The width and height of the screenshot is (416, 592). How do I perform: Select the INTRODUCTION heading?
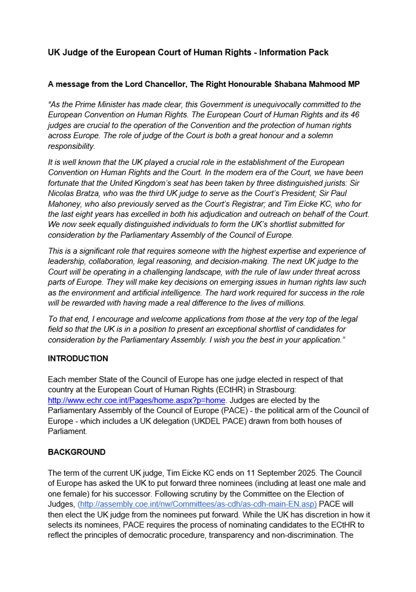[x=78, y=359]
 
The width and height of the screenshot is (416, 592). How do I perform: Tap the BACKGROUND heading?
[x=76, y=452]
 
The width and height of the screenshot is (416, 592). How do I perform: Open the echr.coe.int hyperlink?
[x=136, y=400]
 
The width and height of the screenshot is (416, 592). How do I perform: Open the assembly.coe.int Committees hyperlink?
[x=197, y=504]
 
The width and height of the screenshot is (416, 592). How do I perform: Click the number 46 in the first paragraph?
[x=355, y=115]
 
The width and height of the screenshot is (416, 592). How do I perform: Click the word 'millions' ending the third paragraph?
[x=290, y=303]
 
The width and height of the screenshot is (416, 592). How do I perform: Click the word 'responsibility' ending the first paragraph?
[x=71, y=146]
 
